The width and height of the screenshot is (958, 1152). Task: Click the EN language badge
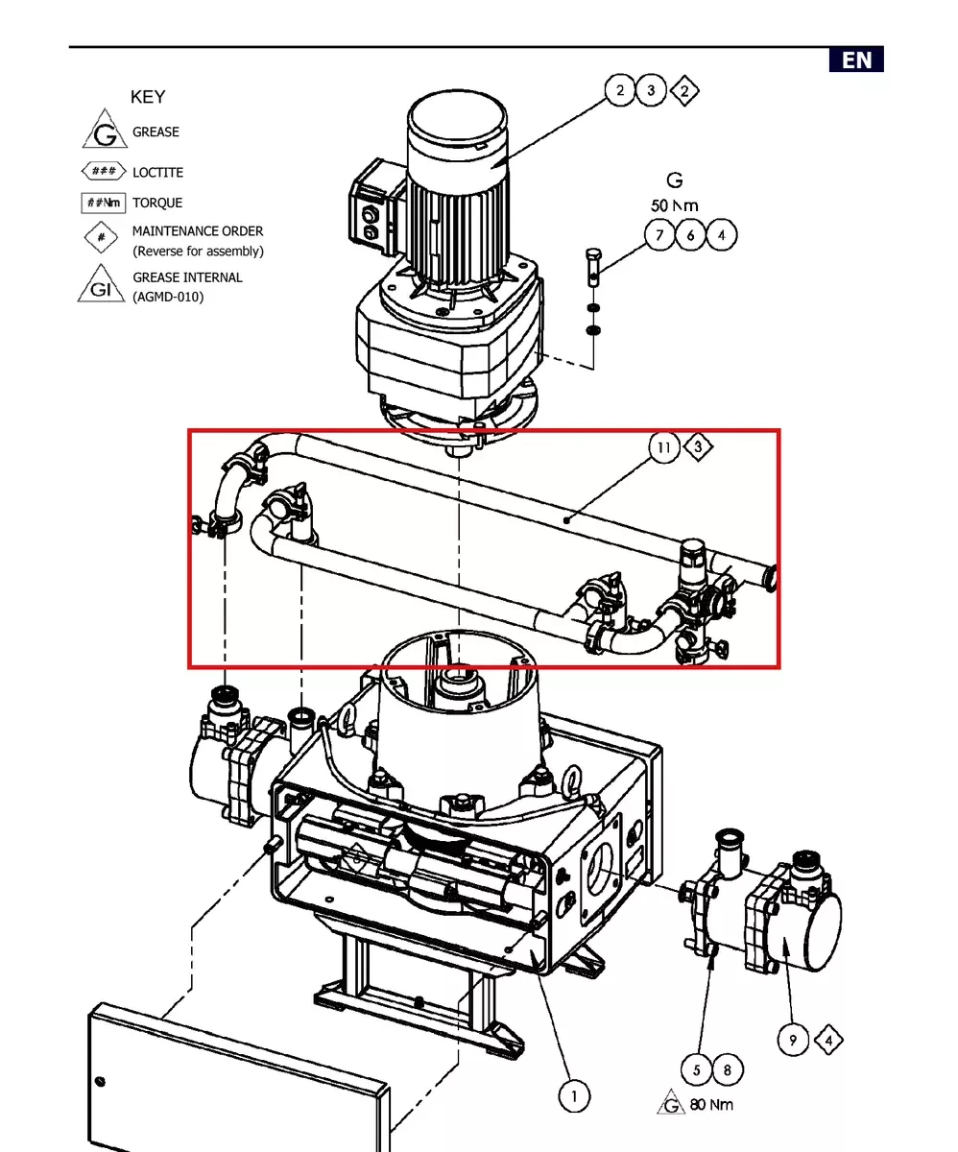coord(856,60)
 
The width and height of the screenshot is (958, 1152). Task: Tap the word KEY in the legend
coord(148,97)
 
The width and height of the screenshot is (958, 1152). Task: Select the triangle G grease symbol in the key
coord(105,129)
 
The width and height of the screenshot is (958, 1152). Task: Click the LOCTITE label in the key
coord(157,173)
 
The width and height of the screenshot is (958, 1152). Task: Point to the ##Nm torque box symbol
coord(104,203)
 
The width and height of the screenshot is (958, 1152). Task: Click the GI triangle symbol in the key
coord(101,283)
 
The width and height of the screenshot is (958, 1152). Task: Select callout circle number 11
coord(664,447)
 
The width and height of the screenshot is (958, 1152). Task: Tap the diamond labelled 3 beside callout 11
coord(698,446)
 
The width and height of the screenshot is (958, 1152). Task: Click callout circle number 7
coord(659,235)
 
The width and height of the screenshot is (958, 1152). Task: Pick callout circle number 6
coord(690,235)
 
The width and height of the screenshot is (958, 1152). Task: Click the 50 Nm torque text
coord(675,205)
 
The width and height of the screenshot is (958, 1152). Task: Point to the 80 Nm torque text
coord(711,1105)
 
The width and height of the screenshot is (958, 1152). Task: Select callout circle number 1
coord(574,1096)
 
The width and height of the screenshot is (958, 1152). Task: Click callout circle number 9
coord(793,1040)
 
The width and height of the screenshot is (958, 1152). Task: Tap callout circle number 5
coord(697,1069)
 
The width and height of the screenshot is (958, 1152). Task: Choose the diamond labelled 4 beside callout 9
coord(828,1040)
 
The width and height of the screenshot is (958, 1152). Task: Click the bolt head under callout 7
coord(593,255)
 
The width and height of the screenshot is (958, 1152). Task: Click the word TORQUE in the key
coord(157,203)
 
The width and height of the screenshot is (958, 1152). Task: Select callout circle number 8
coord(728,1069)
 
